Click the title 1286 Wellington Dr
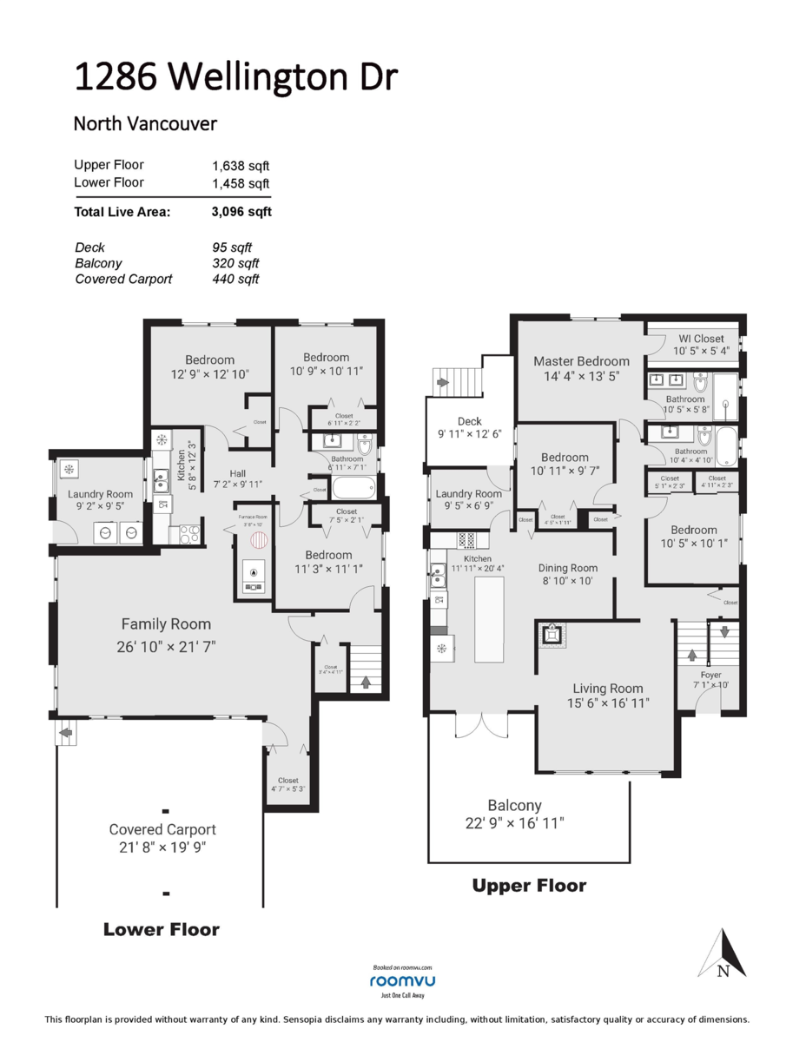(x=235, y=77)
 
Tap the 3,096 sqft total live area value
(x=241, y=211)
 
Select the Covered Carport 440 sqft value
(x=235, y=279)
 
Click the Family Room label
(x=166, y=623)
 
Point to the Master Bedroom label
(x=581, y=361)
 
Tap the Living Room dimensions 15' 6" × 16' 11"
(x=608, y=702)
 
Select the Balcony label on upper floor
(x=514, y=805)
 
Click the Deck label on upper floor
(x=469, y=421)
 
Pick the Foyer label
(x=710, y=674)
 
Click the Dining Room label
(x=568, y=568)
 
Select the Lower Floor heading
(x=162, y=929)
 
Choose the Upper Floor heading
(x=529, y=886)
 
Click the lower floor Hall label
(x=237, y=473)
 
